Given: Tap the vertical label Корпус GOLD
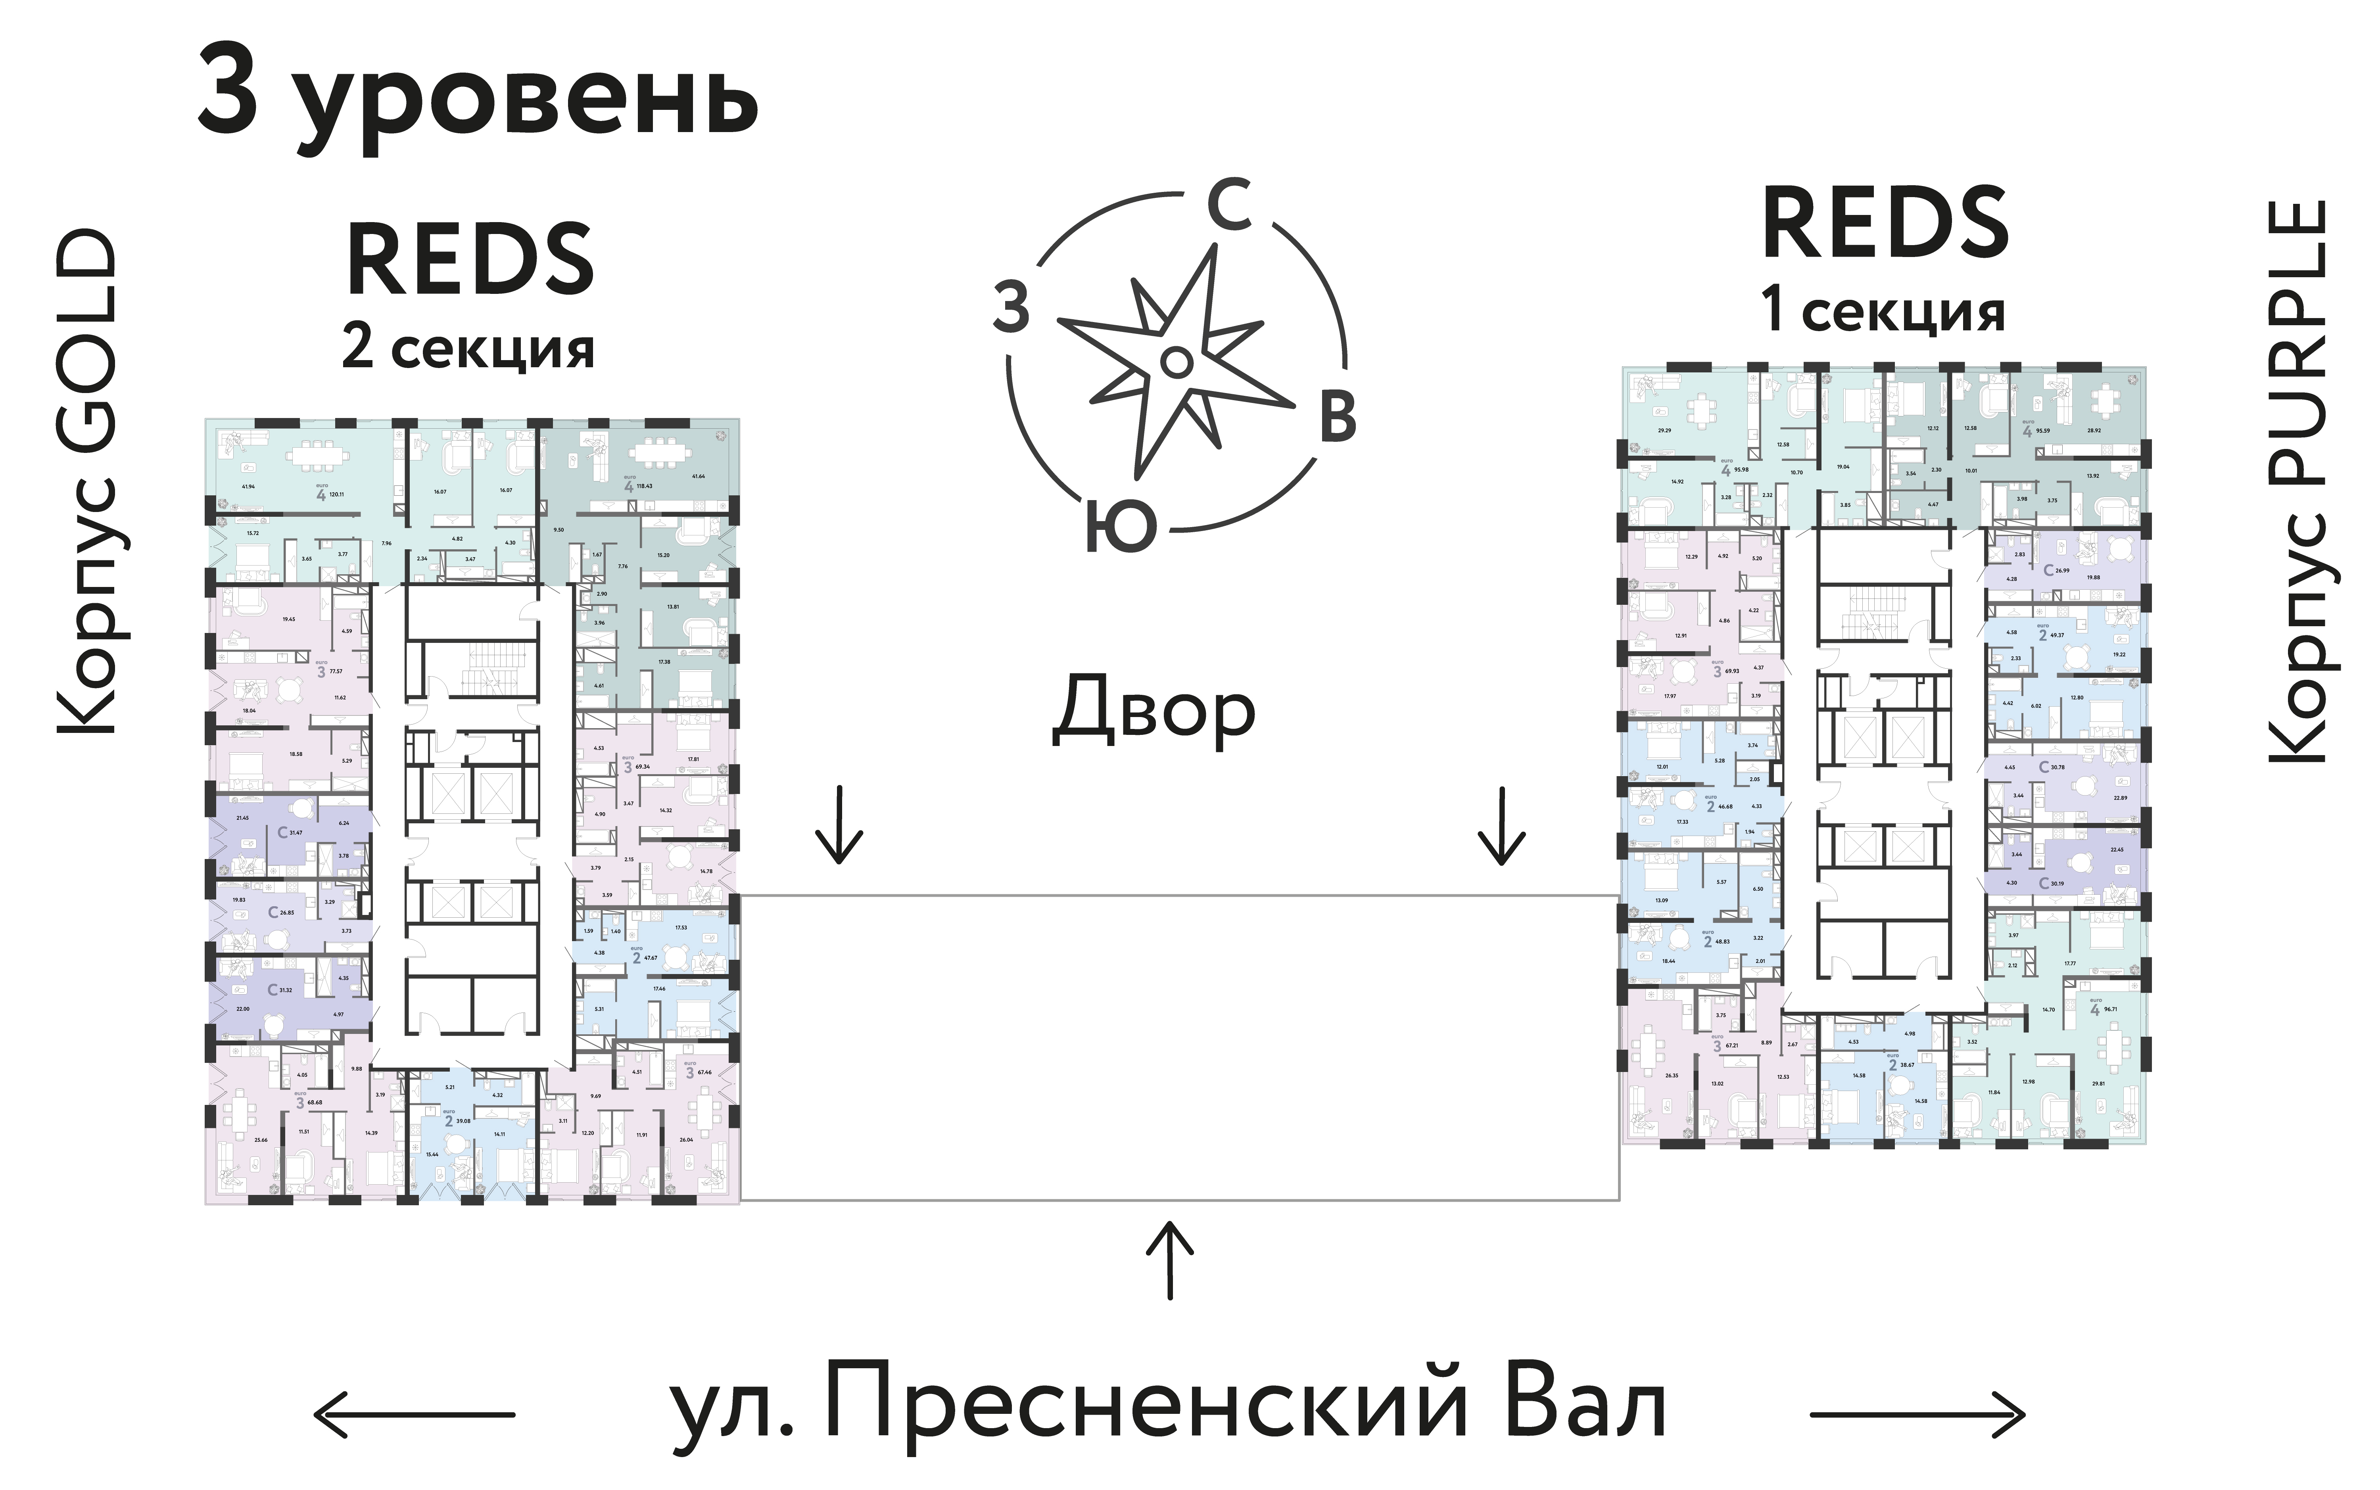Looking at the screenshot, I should [x=87, y=483].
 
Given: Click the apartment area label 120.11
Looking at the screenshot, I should [x=336, y=494].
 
